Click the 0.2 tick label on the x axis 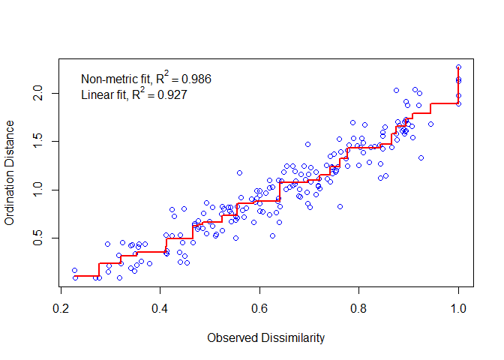(x=61, y=307)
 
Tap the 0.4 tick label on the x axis (x=160, y=307)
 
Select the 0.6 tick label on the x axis (x=259, y=307)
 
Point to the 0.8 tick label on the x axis (x=359, y=307)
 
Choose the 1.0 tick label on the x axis (x=458, y=307)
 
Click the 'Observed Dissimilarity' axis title (x=265, y=338)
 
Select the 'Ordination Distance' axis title (x=10, y=175)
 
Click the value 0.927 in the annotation (x=172, y=95)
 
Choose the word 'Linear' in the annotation (x=95, y=95)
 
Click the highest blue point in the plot (x=458, y=67)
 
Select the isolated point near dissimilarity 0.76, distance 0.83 (x=340, y=206)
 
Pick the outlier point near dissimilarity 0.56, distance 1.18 (x=240, y=172)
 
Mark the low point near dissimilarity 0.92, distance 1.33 (x=421, y=157)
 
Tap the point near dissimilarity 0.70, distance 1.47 (x=307, y=144)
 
